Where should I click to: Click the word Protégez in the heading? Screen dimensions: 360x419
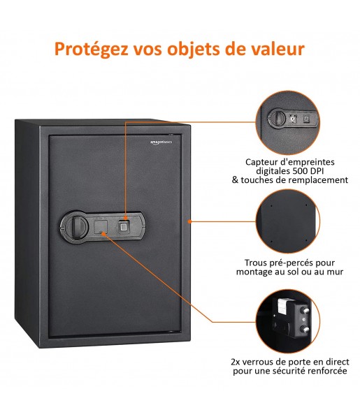tap(91, 50)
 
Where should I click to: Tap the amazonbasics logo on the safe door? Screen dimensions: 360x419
tap(161, 142)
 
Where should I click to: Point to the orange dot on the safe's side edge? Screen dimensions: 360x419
tap(189, 221)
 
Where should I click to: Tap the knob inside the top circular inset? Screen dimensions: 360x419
tap(277, 118)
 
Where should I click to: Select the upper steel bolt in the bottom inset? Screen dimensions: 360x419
tap(305, 311)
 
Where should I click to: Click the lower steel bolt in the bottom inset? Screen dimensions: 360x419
tap(305, 329)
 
